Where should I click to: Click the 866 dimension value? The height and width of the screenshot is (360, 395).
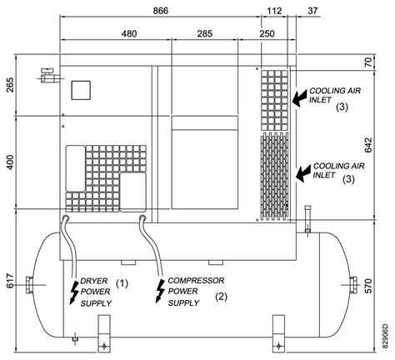point(161,11)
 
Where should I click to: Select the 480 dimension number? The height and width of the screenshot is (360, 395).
point(129,33)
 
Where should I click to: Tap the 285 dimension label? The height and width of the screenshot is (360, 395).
point(205,33)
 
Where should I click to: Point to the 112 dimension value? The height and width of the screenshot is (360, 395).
point(274,11)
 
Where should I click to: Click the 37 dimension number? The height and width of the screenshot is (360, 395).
point(312,11)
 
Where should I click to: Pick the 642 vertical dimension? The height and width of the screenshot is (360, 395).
point(368,145)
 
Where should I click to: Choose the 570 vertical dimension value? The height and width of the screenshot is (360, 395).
point(368,286)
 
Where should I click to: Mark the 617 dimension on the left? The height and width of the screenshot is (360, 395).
point(10,281)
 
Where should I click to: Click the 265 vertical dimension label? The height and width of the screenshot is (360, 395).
point(10,85)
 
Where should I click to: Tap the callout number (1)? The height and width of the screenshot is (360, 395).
point(122,283)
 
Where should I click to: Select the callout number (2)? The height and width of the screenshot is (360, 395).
point(222,297)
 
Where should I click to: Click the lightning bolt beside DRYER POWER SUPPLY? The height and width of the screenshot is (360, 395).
point(74,292)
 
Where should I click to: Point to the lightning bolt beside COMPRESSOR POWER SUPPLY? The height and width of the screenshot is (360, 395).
point(160,291)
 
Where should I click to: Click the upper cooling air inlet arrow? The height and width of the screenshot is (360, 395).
point(299,98)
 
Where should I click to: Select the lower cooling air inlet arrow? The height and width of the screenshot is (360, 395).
point(303,173)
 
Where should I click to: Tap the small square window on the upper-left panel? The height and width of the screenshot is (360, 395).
point(81,90)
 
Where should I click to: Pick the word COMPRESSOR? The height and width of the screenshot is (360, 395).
point(196,281)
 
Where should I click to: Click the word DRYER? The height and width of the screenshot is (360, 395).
point(94,281)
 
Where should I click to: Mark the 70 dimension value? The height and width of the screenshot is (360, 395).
point(368,62)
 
